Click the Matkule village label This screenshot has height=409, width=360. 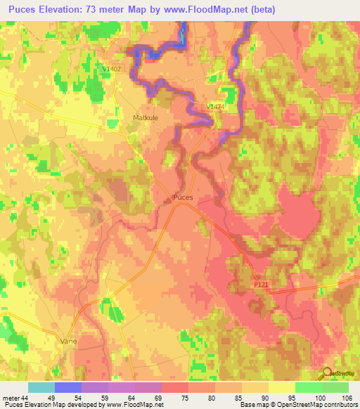[x=146, y=118]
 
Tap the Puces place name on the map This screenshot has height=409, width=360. [x=182, y=198]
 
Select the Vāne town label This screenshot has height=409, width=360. [x=68, y=340]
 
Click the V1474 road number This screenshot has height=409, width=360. [x=216, y=106]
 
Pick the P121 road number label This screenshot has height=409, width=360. [x=262, y=283]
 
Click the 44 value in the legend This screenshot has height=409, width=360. [x=27, y=397]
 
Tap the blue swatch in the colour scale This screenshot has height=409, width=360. [x=67, y=387]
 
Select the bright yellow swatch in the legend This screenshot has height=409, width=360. [x=281, y=387]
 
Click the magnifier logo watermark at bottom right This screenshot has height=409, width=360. [x=326, y=374]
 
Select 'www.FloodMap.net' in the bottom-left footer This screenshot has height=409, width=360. [x=129, y=405]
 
